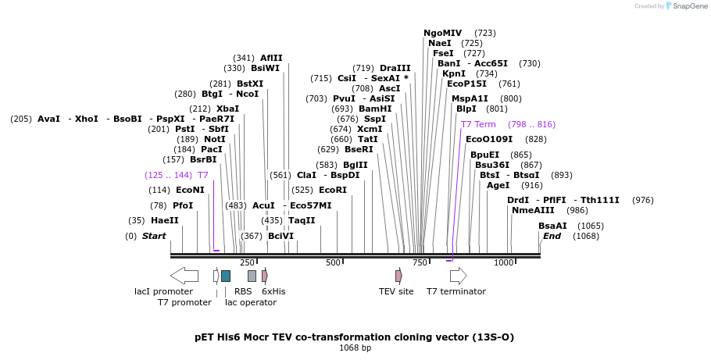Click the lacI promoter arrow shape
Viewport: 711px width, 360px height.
click(x=184, y=276)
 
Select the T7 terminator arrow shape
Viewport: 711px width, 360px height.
click(x=459, y=276)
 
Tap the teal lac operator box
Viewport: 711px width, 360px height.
click(x=226, y=276)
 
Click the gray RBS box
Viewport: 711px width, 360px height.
click(x=252, y=276)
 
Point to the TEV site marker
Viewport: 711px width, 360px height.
click(x=398, y=276)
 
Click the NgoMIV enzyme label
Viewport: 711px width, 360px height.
click(x=443, y=33)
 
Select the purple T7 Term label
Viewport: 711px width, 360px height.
click(x=478, y=124)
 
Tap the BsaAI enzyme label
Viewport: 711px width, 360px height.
click(x=552, y=226)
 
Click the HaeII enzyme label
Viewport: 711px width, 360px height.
click(x=164, y=220)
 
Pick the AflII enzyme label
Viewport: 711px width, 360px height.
click(x=271, y=58)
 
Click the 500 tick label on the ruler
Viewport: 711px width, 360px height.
click(x=334, y=263)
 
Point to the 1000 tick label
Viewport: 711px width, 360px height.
click(x=503, y=263)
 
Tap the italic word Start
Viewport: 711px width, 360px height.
click(x=154, y=236)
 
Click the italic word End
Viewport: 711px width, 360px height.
click(x=552, y=236)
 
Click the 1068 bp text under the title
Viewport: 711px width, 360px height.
click(x=355, y=348)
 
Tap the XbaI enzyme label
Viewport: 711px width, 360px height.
click(x=227, y=109)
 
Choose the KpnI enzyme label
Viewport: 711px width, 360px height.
click(x=454, y=73)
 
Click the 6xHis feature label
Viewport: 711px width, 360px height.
click(x=273, y=291)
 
